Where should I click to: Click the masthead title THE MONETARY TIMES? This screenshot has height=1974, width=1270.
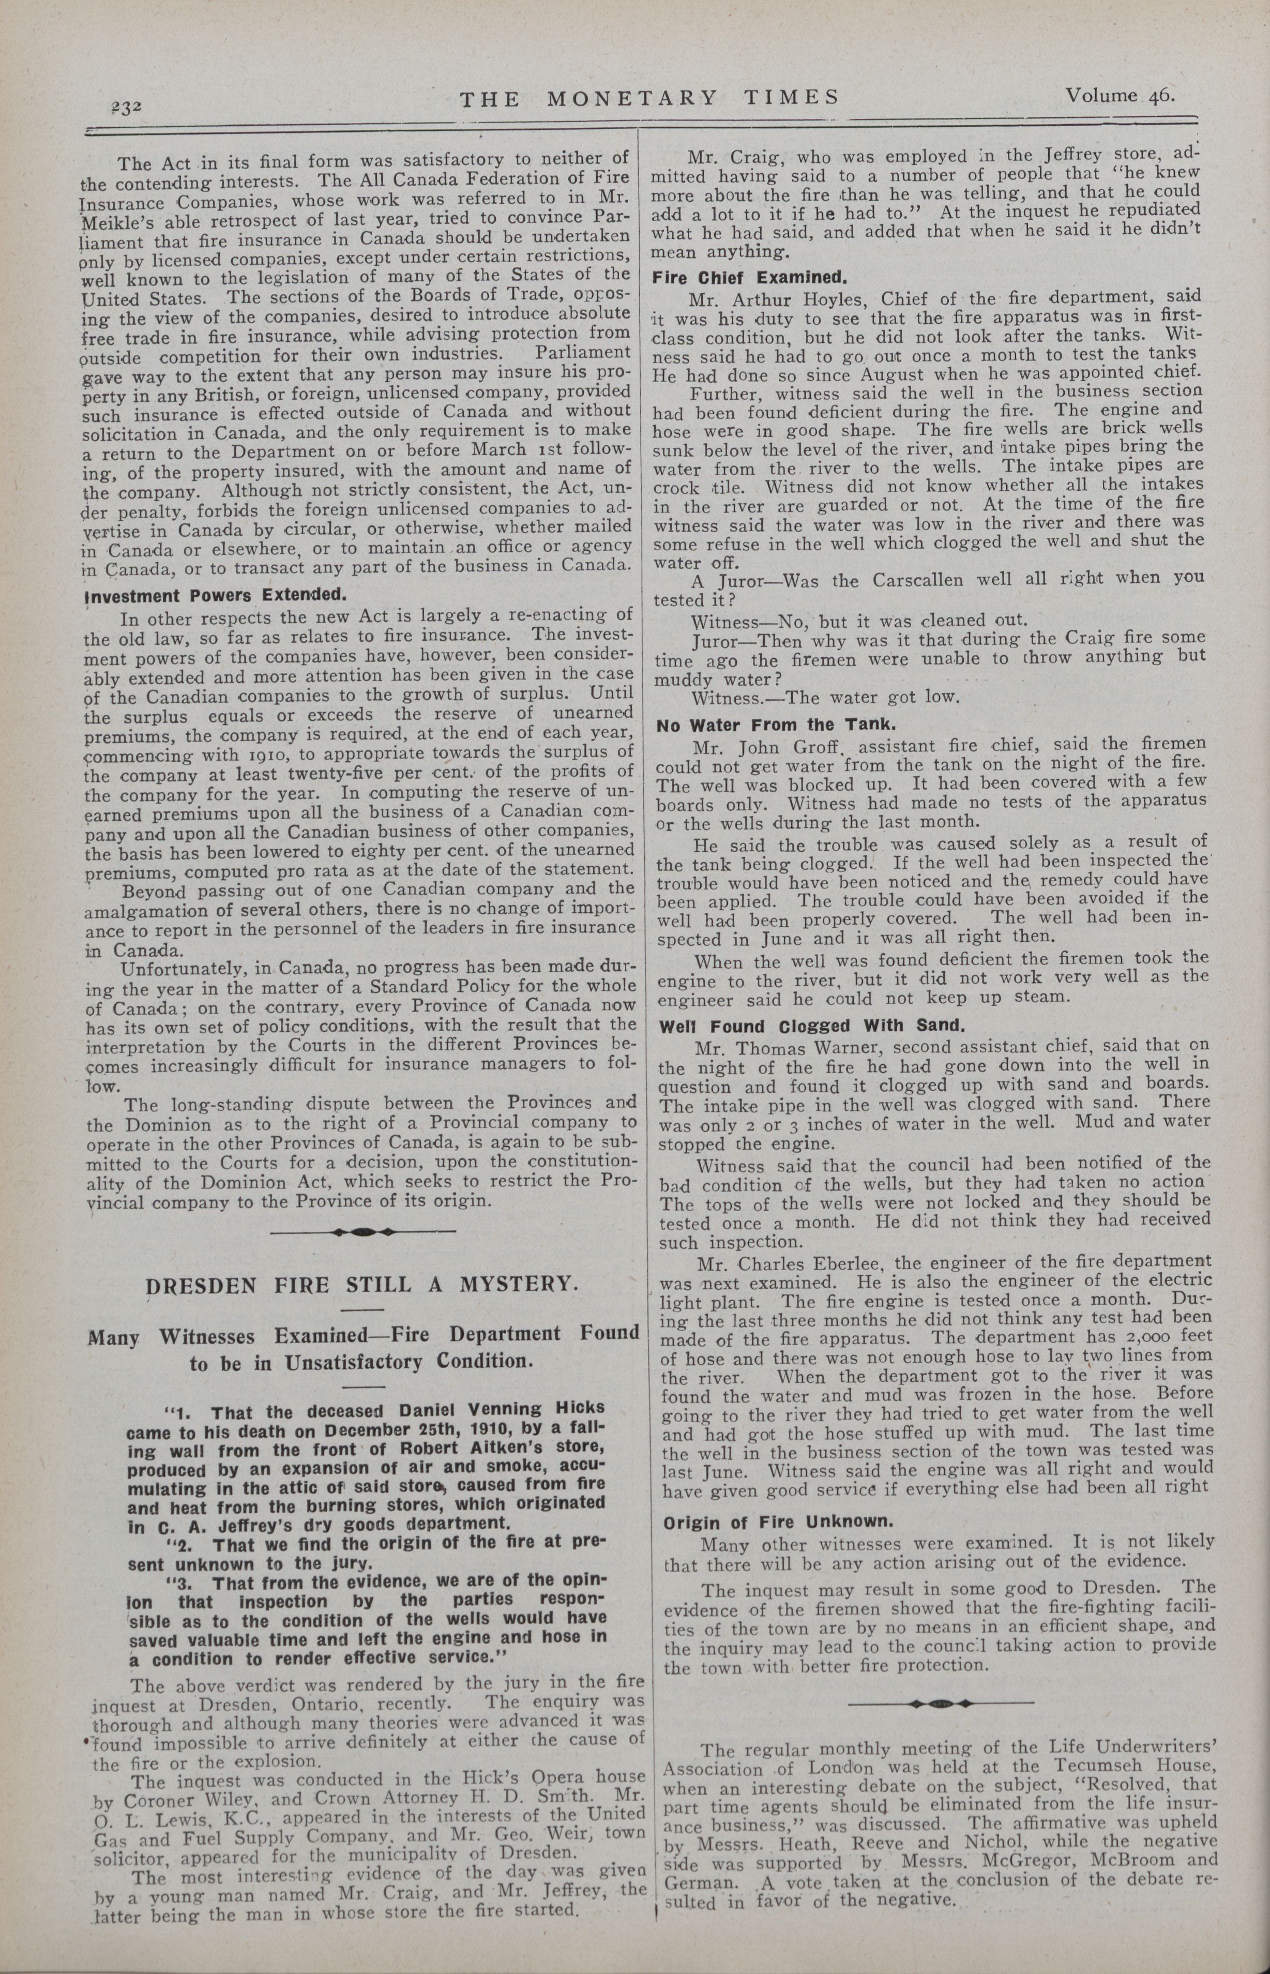(649, 98)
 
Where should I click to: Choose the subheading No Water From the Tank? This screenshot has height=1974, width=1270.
(775, 726)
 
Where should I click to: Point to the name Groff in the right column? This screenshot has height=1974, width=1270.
(826, 748)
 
